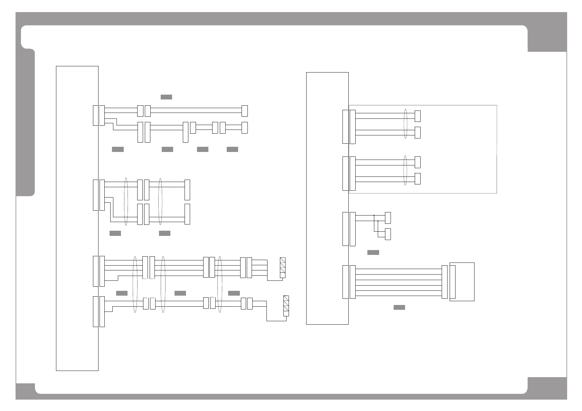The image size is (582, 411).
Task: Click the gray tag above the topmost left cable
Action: [166, 97]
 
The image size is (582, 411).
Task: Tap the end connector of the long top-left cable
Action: [245, 111]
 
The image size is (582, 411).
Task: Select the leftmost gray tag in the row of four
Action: [118, 149]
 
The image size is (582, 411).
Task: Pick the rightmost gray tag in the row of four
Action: [232, 149]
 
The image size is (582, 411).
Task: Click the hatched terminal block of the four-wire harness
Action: [283, 268]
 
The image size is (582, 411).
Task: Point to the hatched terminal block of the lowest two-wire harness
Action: [286, 306]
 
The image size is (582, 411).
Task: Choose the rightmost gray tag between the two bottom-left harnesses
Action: [234, 293]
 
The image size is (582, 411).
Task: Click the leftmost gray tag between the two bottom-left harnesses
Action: [122, 293]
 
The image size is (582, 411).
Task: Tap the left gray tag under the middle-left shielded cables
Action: [115, 233]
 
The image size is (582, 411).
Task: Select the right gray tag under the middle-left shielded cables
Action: [165, 233]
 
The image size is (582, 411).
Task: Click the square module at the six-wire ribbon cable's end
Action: [462, 281]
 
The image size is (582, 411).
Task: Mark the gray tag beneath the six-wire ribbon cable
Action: [399, 307]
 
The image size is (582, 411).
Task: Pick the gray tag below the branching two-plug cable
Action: [373, 252]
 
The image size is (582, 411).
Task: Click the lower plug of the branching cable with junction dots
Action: [388, 234]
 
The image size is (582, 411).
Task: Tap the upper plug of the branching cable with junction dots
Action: [388, 218]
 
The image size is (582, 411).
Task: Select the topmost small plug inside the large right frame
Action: [417, 116]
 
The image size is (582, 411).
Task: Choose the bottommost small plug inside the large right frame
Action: [417, 179]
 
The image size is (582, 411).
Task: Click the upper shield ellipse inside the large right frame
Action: [406, 124]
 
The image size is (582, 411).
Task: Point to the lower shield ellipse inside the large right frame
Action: [406, 170]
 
